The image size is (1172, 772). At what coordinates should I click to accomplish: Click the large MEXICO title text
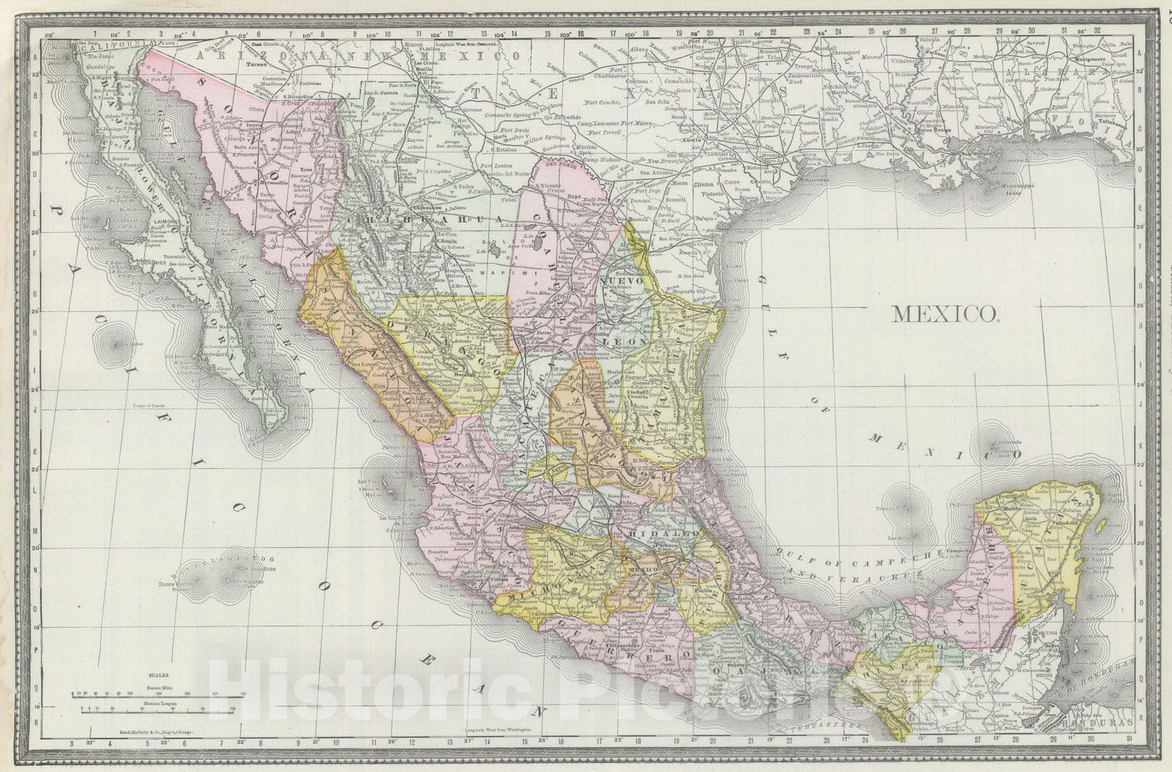pos(946,314)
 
